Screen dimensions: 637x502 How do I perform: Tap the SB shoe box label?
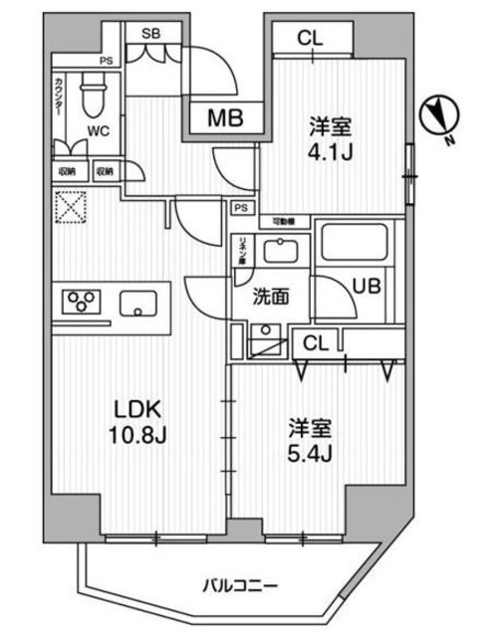click(152, 33)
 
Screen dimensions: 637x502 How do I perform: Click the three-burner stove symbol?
click(81, 301)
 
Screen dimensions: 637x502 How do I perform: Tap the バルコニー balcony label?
click(239, 583)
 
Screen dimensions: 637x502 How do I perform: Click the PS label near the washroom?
click(240, 209)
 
